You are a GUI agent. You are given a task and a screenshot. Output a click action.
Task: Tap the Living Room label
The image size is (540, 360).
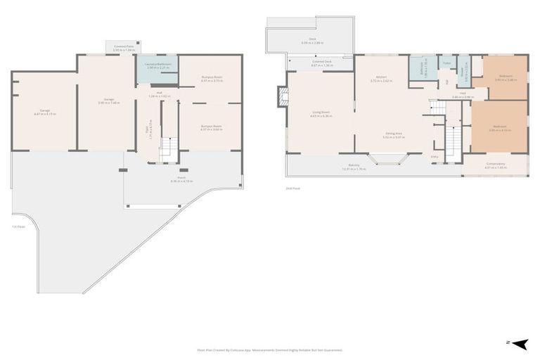tap(321, 112)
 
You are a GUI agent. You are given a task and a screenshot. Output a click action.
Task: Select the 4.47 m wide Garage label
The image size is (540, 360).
tap(44, 111)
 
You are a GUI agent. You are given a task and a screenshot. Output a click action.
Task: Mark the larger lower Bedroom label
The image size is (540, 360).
tap(499, 127)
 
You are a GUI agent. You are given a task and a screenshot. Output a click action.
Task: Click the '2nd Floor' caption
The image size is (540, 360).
tap(292, 188)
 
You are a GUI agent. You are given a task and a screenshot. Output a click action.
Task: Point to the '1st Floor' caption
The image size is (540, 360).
tap(18, 226)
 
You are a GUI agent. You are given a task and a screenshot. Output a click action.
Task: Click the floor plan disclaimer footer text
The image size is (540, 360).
tap(270, 349)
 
